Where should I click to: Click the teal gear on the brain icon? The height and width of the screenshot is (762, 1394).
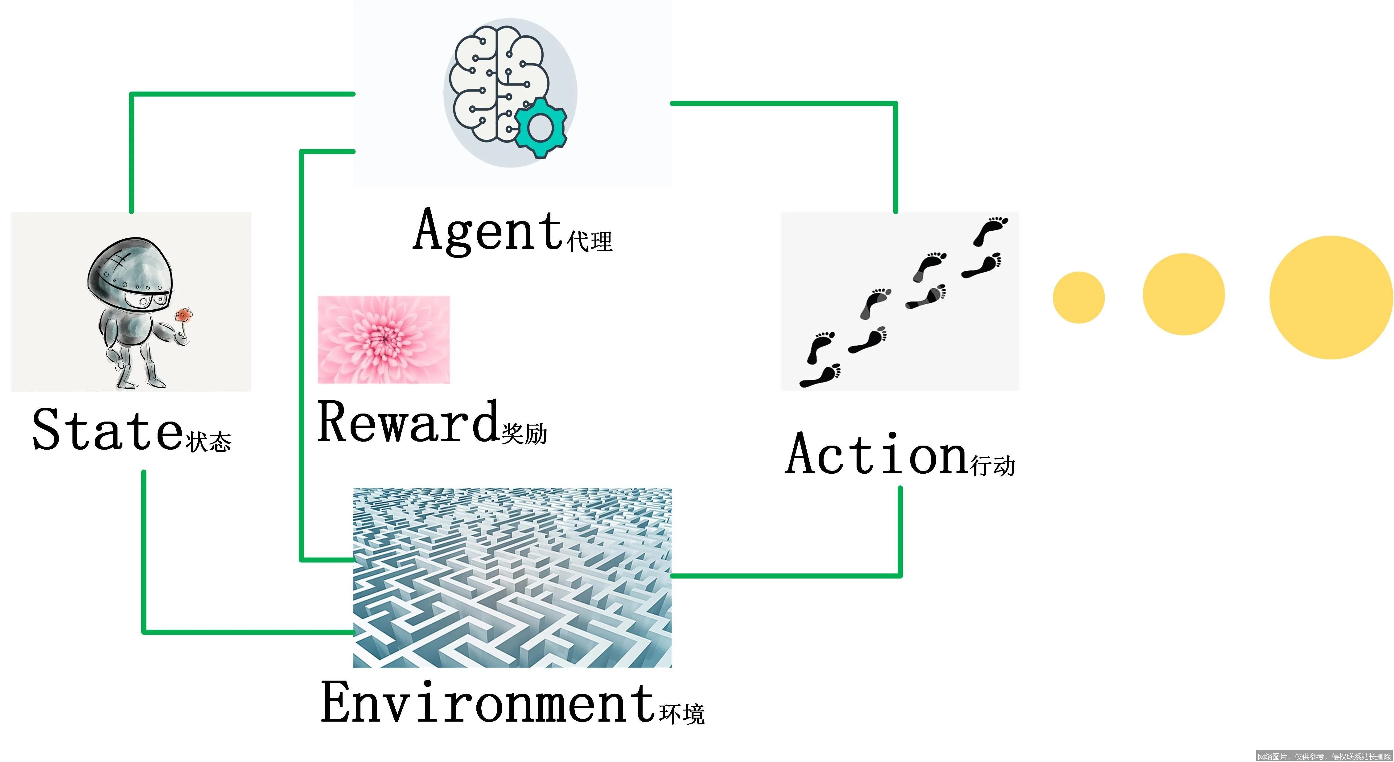tap(541, 128)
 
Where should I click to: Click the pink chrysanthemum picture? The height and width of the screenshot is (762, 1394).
tap(384, 339)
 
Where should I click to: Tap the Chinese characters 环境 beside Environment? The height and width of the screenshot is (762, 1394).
tap(682, 714)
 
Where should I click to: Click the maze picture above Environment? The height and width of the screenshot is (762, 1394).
tap(512, 578)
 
